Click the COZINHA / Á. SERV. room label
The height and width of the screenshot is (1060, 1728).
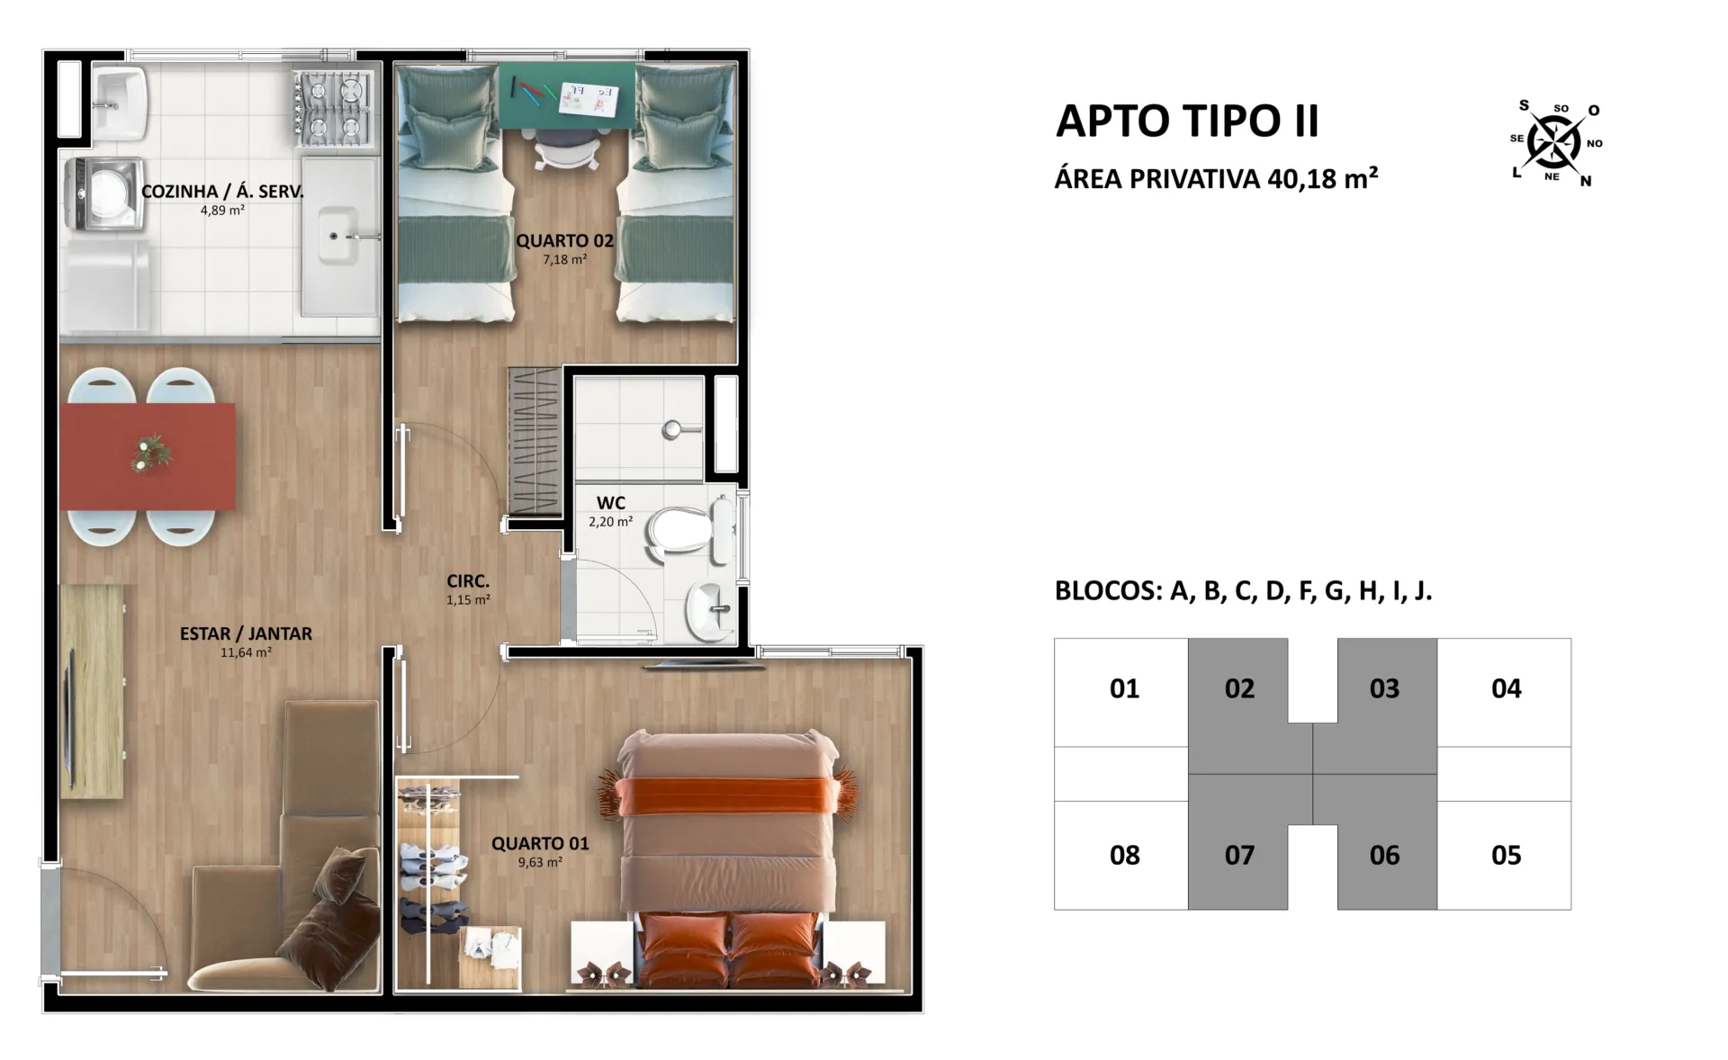pyautogui.click(x=222, y=192)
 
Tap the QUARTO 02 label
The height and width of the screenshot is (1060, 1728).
pyautogui.click(x=564, y=241)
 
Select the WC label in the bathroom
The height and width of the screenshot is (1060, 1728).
pyautogui.click(x=610, y=503)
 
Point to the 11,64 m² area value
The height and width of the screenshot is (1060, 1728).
pyautogui.click(x=246, y=652)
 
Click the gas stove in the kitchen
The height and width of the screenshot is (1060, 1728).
pyautogui.click(x=333, y=108)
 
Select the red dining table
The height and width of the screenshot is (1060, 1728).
pyautogui.click(x=148, y=456)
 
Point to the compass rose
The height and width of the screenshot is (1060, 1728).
pyautogui.click(x=1554, y=142)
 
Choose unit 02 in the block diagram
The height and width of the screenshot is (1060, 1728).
pyautogui.click(x=1239, y=688)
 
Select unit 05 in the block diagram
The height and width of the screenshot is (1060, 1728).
pyautogui.click(x=1506, y=855)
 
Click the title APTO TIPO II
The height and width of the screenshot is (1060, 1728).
pyautogui.click(x=1187, y=121)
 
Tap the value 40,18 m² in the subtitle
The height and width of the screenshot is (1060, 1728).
pyautogui.click(x=1322, y=179)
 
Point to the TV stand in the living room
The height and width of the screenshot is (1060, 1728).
pyautogui.click(x=92, y=691)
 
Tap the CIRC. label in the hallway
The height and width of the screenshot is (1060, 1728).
pyautogui.click(x=468, y=581)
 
